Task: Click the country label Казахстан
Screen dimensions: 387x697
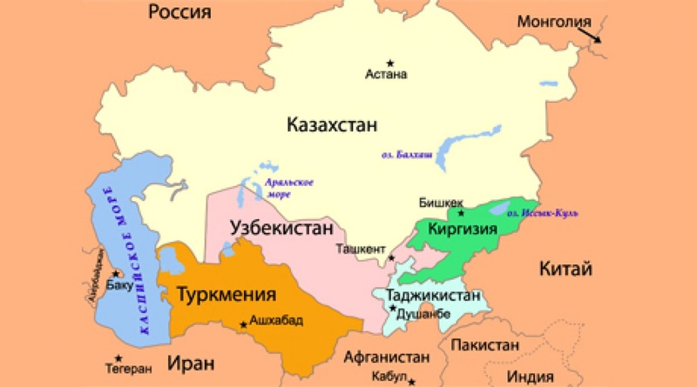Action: pyautogui.click(x=331, y=126)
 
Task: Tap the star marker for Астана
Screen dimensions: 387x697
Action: pyautogui.click(x=390, y=62)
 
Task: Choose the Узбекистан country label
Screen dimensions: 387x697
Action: pyautogui.click(x=281, y=228)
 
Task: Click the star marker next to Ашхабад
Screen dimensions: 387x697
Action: pyautogui.click(x=242, y=324)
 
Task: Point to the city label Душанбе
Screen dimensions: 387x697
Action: pyautogui.click(x=423, y=314)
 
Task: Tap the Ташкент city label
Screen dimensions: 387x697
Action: pyautogui.click(x=361, y=249)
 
